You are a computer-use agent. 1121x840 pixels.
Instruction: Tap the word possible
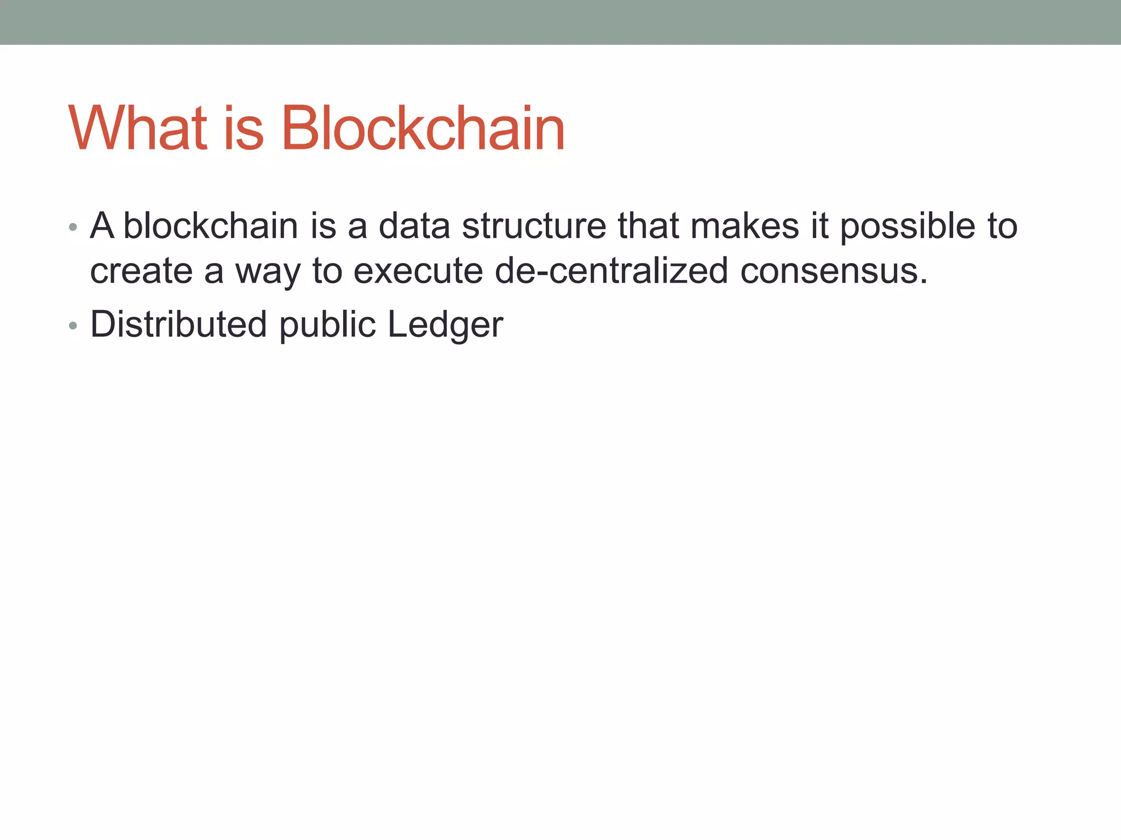pos(908,226)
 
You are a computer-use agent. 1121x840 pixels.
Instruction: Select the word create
pos(141,271)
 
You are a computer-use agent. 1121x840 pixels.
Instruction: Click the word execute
pos(418,271)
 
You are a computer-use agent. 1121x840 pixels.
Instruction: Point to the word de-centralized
pos(611,271)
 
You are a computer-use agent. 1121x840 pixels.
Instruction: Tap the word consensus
pos(829,271)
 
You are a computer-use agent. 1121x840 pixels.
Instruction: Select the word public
pos(327,325)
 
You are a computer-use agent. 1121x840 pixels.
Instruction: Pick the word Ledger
pos(445,325)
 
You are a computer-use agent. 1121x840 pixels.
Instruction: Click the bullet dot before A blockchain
pos(73,227)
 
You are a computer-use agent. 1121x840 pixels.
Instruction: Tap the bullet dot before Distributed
pos(73,326)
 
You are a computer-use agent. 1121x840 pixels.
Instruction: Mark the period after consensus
pos(924,282)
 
